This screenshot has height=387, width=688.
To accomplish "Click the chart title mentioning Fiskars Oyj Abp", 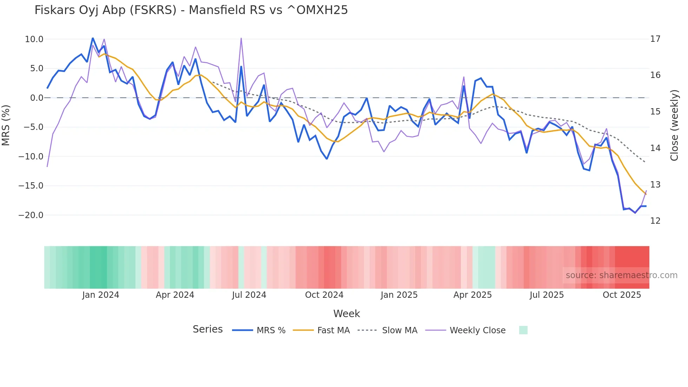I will pos(191,10).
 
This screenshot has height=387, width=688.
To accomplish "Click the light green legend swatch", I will pos(523,330).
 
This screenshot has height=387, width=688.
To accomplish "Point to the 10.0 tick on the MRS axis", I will pos(34,39).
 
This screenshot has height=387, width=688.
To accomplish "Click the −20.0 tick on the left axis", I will pos(31,215).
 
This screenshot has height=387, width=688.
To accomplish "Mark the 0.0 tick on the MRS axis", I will pos(37,98).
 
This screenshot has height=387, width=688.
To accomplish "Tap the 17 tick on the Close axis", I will pos(655,39).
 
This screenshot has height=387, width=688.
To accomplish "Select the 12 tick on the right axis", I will pos(655,221).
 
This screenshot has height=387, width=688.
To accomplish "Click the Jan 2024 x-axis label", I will pos(101,295).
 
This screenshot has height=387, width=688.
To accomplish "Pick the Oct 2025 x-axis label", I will pos(622,295).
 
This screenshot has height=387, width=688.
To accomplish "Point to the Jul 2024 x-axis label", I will pos(249,295).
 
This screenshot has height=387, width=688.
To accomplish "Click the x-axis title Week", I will pos(346,314).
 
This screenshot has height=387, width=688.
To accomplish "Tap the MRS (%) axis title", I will pos(6,125).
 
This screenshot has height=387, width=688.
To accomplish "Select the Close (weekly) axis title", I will pos(674,125).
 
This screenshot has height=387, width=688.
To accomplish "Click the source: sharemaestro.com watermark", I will pos(621,275).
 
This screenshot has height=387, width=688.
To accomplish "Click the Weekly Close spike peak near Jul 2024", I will pos(241,38).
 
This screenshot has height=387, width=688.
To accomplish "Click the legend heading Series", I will pos(207,329).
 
